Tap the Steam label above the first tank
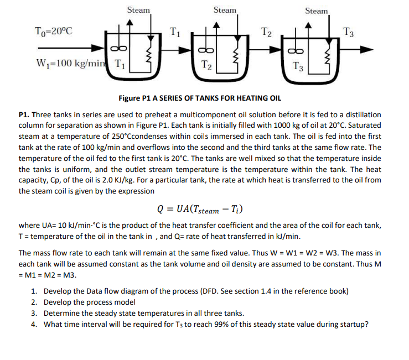(x=138, y=9)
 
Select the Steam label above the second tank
(x=225, y=10)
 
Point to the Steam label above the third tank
(x=316, y=11)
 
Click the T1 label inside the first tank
(x=120, y=63)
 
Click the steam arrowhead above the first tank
(x=130, y=23)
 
